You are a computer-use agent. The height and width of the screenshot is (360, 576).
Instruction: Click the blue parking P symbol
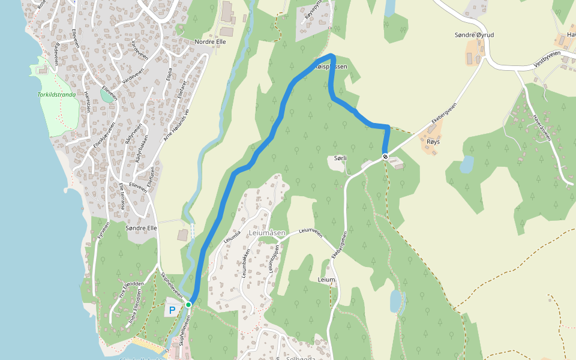[172, 310]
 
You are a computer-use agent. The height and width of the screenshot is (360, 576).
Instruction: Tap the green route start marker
[188, 305]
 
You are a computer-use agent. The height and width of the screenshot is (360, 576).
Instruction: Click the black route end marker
[385, 157]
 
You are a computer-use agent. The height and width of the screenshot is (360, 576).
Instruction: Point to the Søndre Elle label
[141, 228]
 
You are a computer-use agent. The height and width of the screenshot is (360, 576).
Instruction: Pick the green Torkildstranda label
[56, 94]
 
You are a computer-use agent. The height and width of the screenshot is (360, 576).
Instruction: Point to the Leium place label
[326, 280]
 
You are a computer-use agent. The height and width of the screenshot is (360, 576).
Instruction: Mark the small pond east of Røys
[466, 164]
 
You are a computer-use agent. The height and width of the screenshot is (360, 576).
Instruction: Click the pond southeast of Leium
[395, 301]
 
